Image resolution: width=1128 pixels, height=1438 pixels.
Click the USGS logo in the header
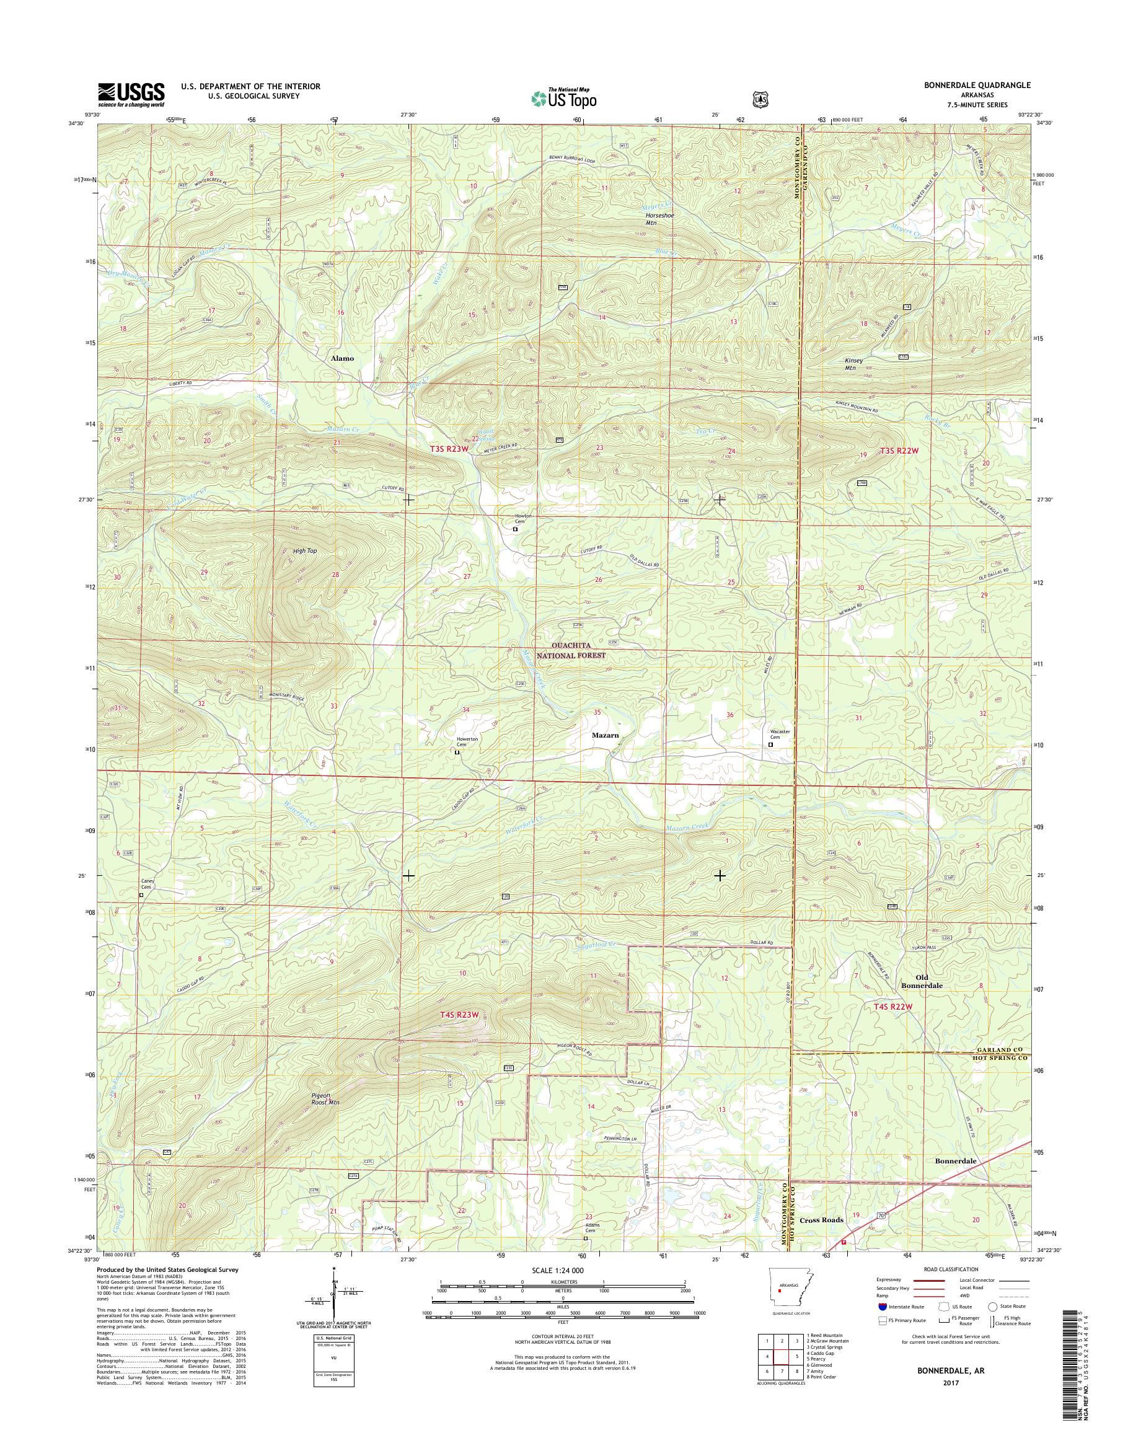[131, 94]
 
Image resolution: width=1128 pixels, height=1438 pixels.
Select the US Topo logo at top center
[564, 98]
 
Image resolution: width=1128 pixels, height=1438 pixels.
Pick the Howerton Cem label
[466, 741]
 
